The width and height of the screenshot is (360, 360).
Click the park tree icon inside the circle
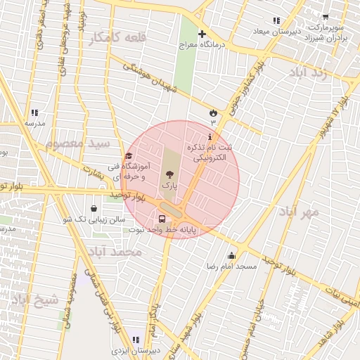(x=168, y=173)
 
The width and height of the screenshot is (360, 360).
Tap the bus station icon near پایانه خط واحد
(x=163, y=218)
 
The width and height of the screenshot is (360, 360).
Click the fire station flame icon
(x=212, y=112)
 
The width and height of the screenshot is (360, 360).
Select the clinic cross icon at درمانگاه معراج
(x=202, y=34)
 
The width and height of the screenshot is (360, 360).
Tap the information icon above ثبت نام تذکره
(x=209, y=136)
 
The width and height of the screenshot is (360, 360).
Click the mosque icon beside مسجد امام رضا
(x=232, y=255)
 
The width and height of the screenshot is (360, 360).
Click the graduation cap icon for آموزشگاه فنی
(x=128, y=156)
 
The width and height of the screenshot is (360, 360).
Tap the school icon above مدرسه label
(x=34, y=112)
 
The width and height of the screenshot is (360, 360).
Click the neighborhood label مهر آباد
(x=299, y=211)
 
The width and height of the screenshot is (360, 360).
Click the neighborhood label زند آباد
(x=308, y=73)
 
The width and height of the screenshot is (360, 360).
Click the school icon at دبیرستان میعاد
(x=276, y=20)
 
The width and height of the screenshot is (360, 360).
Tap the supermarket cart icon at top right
(x=325, y=16)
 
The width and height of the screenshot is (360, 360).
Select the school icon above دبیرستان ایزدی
(x=135, y=340)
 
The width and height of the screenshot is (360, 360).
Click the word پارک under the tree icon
(x=167, y=184)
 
